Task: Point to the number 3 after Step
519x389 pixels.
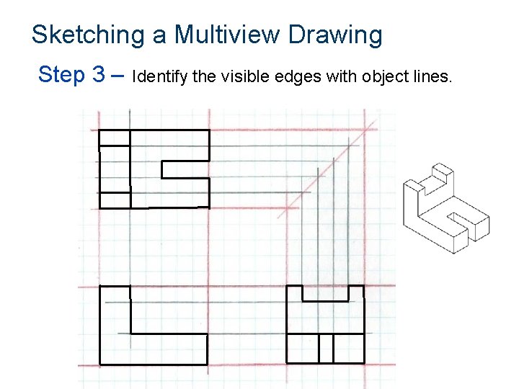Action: [x=100, y=73]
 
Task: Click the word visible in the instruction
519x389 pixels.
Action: [x=235, y=76]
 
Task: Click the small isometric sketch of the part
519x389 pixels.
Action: [x=445, y=209]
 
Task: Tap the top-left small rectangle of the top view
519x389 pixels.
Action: [x=114, y=138]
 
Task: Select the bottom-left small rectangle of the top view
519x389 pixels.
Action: [x=114, y=200]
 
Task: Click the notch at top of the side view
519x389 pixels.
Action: [x=325, y=292]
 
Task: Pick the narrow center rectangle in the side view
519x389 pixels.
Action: [x=326, y=349]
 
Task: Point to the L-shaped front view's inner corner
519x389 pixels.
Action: [x=131, y=333]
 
